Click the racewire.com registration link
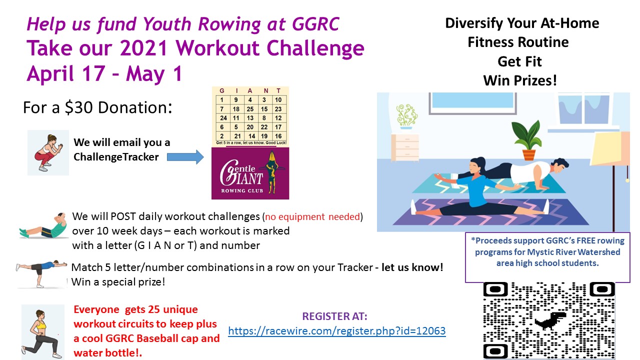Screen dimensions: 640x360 pyautogui.click(x=337, y=331)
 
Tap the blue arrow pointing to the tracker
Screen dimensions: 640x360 pyautogui.click(x=185, y=157)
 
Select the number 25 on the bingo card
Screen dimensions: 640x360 pyautogui.click(x=250, y=109)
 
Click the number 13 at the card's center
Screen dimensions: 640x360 pyautogui.click(x=250, y=118)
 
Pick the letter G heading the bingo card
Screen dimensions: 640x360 pyautogui.click(x=222, y=91)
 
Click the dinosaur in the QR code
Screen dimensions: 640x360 pyautogui.click(x=550, y=320)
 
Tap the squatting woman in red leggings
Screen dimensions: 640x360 pyautogui.click(x=48, y=153)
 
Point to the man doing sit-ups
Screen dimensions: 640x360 pyautogui.click(x=43, y=225)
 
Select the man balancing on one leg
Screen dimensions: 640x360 pyautogui.click(x=41, y=273)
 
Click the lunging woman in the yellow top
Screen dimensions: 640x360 pyautogui.click(x=42, y=333)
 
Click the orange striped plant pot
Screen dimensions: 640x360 pyautogui.click(x=529, y=155)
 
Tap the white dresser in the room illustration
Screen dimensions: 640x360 pyautogui.click(x=405, y=148)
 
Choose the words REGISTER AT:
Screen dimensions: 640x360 pyautogui.click(x=334, y=316)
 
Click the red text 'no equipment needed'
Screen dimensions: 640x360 pyautogui.click(x=312, y=217)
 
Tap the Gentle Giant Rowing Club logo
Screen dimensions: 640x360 pyautogui.click(x=250, y=173)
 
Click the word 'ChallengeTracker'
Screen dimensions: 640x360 pyautogui.click(x=116, y=157)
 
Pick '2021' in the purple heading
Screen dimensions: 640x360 pyautogui.click(x=143, y=48)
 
